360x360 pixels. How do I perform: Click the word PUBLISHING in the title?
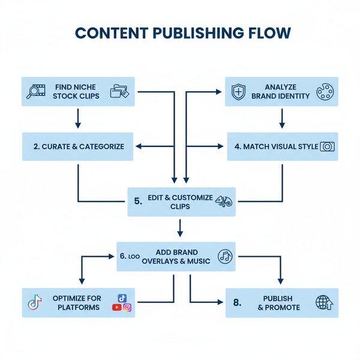(180, 33)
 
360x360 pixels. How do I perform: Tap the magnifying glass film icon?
(37, 92)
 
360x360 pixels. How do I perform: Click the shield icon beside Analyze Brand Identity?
(239, 92)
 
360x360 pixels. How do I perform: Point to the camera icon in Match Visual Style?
(328, 146)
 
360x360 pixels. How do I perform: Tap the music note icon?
(225, 256)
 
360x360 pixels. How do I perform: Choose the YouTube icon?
(116, 308)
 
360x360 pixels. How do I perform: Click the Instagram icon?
(127, 308)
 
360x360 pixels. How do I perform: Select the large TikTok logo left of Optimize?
(35, 303)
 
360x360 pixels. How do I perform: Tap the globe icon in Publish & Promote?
(323, 303)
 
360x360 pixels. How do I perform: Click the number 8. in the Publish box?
(236, 303)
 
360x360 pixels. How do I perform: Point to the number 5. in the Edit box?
(139, 202)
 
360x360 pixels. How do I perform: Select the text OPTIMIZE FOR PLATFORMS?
(77, 303)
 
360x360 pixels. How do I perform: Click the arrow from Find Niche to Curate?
(78, 119)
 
